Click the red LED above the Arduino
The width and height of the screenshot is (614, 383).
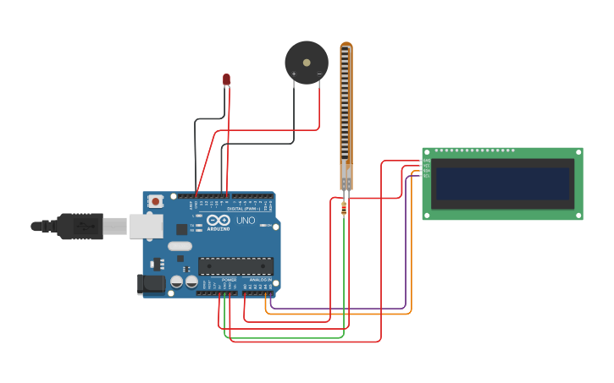pyautogui.click(x=226, y=79)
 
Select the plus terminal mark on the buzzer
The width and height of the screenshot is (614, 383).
pyautogui.click(x=294, y=74)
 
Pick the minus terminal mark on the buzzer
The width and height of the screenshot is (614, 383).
pyautogui.click(x=319, y=74)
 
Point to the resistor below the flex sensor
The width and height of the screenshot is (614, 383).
pyautogui.click(x=343, y=207)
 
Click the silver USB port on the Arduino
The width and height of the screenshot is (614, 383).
pyautogui.click(x=145, y=226)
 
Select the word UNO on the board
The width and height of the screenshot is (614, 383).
pyautogui.click(x=246, y=221)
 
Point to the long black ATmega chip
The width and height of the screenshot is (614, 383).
pyautogui.click(x=235, y=265)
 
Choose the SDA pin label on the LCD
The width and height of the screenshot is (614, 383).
pyautogui.click(x=427, y=171)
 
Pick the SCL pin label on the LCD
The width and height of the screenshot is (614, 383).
pyautogui.click(x=427, y=176)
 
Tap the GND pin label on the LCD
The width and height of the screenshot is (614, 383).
pyautogui.click(x=427, y=161)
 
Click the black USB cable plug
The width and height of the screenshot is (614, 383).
pyautogui.click(x=81, y=226)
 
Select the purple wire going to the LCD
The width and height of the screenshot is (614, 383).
pyautogui.click(x=406, y=245)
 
